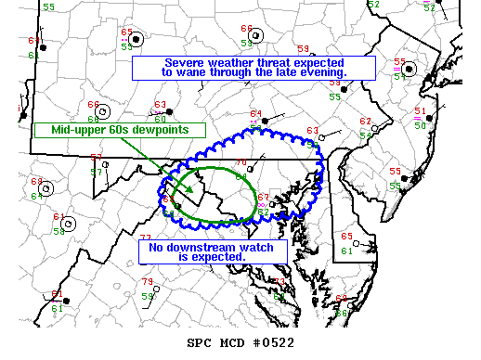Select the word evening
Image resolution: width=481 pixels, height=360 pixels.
320,72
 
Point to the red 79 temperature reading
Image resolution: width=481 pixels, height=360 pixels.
147,282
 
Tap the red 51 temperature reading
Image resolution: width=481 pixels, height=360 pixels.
420,110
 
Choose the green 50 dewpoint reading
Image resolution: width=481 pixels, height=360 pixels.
420,125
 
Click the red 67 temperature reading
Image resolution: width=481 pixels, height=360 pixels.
263,197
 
